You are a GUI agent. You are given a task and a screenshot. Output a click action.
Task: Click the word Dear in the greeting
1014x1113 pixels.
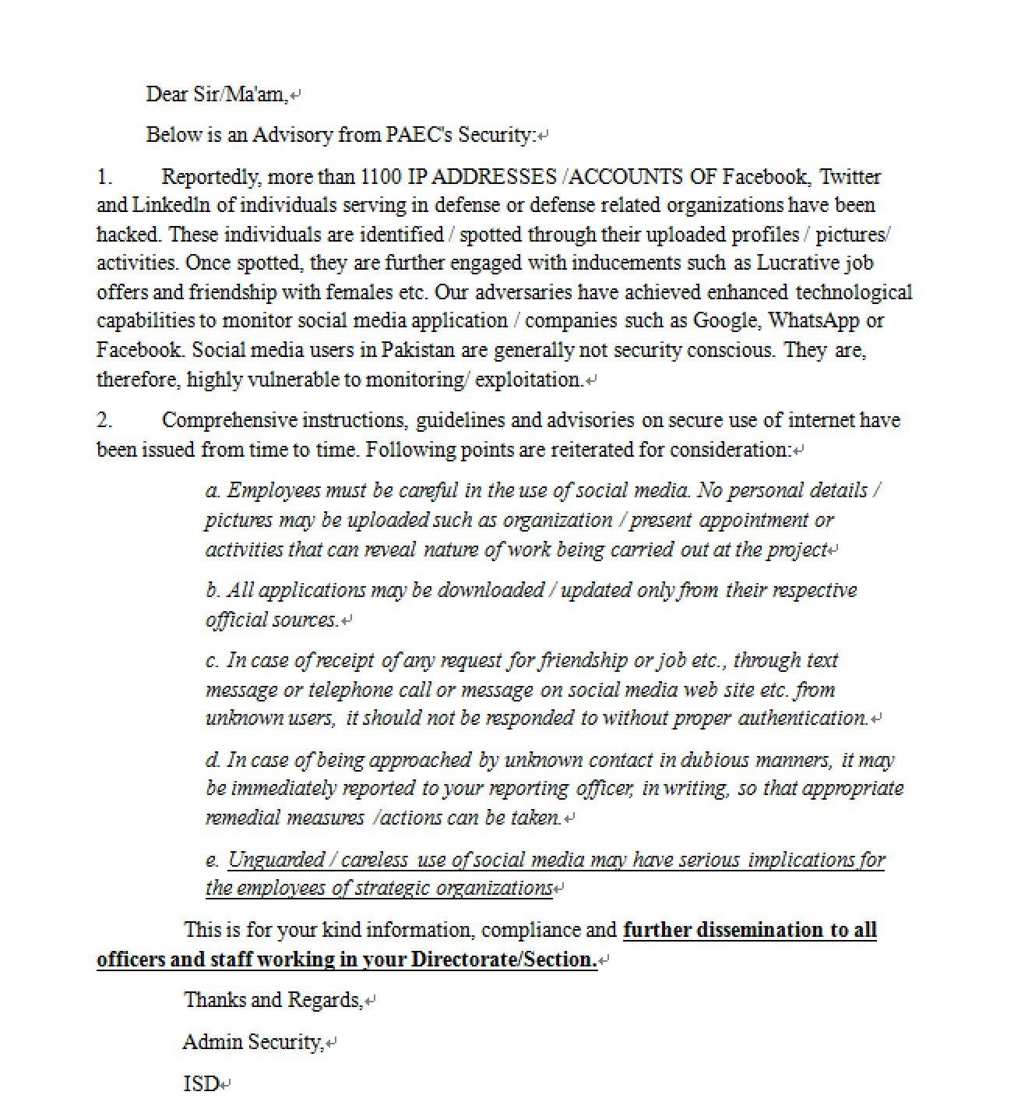pyautogui.click(x=167, y=94)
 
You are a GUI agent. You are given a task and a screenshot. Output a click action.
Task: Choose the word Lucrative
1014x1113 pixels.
pyautogui.click(x=798, y=263)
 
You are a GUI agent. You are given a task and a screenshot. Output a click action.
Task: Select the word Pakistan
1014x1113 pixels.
pyautogui.click(x=417, y=350)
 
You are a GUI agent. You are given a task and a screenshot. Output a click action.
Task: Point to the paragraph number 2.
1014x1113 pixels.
pyautogui.click(x=104, y=420)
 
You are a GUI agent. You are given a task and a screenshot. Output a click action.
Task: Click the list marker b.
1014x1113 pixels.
pyautogui.click(x=213, y=590)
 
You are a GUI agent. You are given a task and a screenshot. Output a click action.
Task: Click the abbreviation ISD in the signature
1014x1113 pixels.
pyautogui.click(x=200, y=1084)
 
